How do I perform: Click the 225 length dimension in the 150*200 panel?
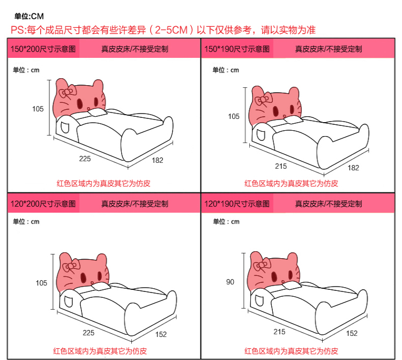click(x=85, y=159)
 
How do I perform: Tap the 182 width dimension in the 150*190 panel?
click(x=353, y=168)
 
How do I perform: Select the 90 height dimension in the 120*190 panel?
click(x=230, y=282)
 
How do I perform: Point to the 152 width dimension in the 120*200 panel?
click(x=161, y=334)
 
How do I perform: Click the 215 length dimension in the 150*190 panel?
click(x=281, y=166)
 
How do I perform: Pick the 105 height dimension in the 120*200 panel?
click(x=41, y=283)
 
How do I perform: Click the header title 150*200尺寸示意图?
click(x=43, y=49)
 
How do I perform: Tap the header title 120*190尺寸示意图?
click(x=237, y=204)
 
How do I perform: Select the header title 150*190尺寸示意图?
click(x=237, y=49)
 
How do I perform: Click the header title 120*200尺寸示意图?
click(x=43, y=204)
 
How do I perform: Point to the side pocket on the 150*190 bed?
click(x=260, y=135)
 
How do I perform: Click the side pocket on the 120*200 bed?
click(x=69, y=301)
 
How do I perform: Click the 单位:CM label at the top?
click(x=29, y=17)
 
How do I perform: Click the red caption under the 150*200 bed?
click(x=103, y=183)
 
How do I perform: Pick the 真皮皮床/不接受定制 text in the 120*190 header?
click(x=329, y=204)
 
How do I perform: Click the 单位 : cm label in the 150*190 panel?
click(x=226, y=70)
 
